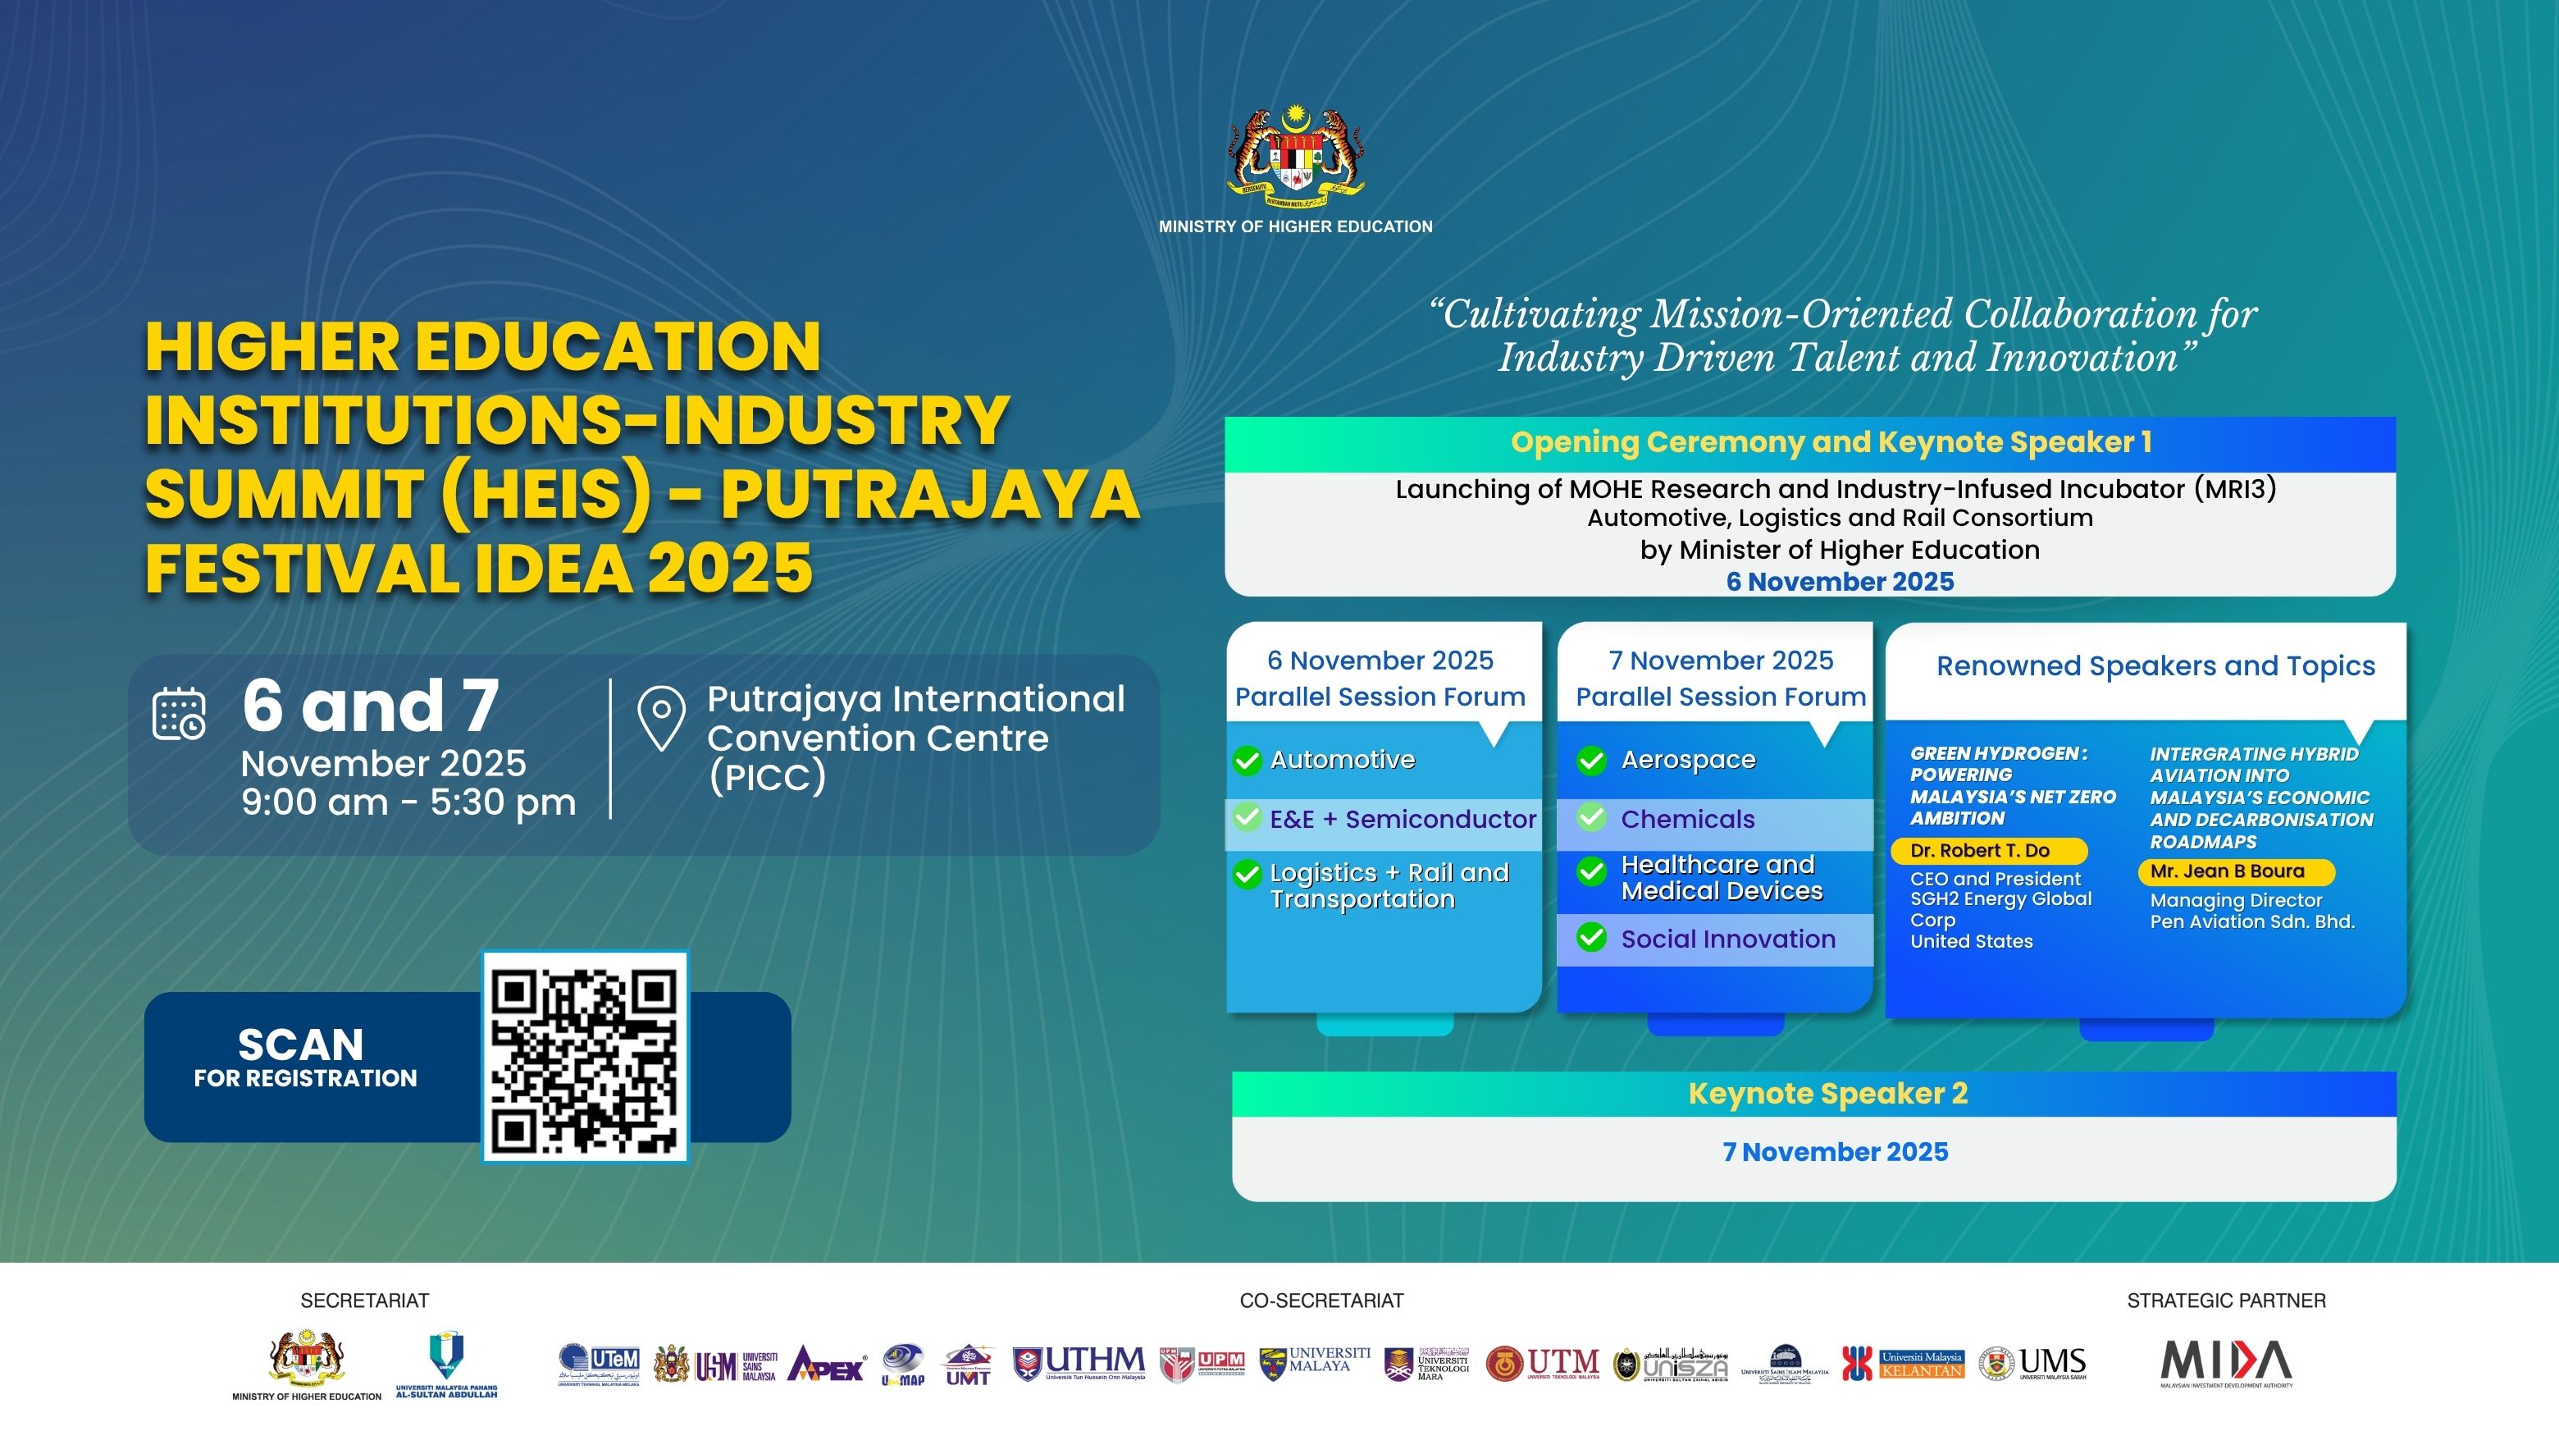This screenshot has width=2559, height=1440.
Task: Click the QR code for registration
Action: [585, 1056]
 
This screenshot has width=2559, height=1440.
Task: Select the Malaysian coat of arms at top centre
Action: [1294, 154]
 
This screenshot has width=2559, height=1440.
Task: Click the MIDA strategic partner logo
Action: [2226, 1363]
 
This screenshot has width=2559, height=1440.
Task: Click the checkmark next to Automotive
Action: [1247, 761]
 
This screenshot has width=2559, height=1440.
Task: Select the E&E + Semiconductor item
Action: [1402, 820]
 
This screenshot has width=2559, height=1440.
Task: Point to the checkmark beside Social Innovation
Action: [1591, 938]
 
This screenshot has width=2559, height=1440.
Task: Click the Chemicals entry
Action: [1687, 820]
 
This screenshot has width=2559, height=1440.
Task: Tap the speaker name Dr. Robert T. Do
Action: [1980, 851]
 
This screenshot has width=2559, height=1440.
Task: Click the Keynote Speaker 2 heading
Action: [1828, 1095]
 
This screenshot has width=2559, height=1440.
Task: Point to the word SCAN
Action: [301, 1045]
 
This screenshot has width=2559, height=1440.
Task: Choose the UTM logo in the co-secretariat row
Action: [1543, 1363]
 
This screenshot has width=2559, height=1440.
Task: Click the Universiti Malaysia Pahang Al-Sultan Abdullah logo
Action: [446, 1363]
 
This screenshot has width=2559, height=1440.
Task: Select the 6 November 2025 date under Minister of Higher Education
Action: [1840, 583]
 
